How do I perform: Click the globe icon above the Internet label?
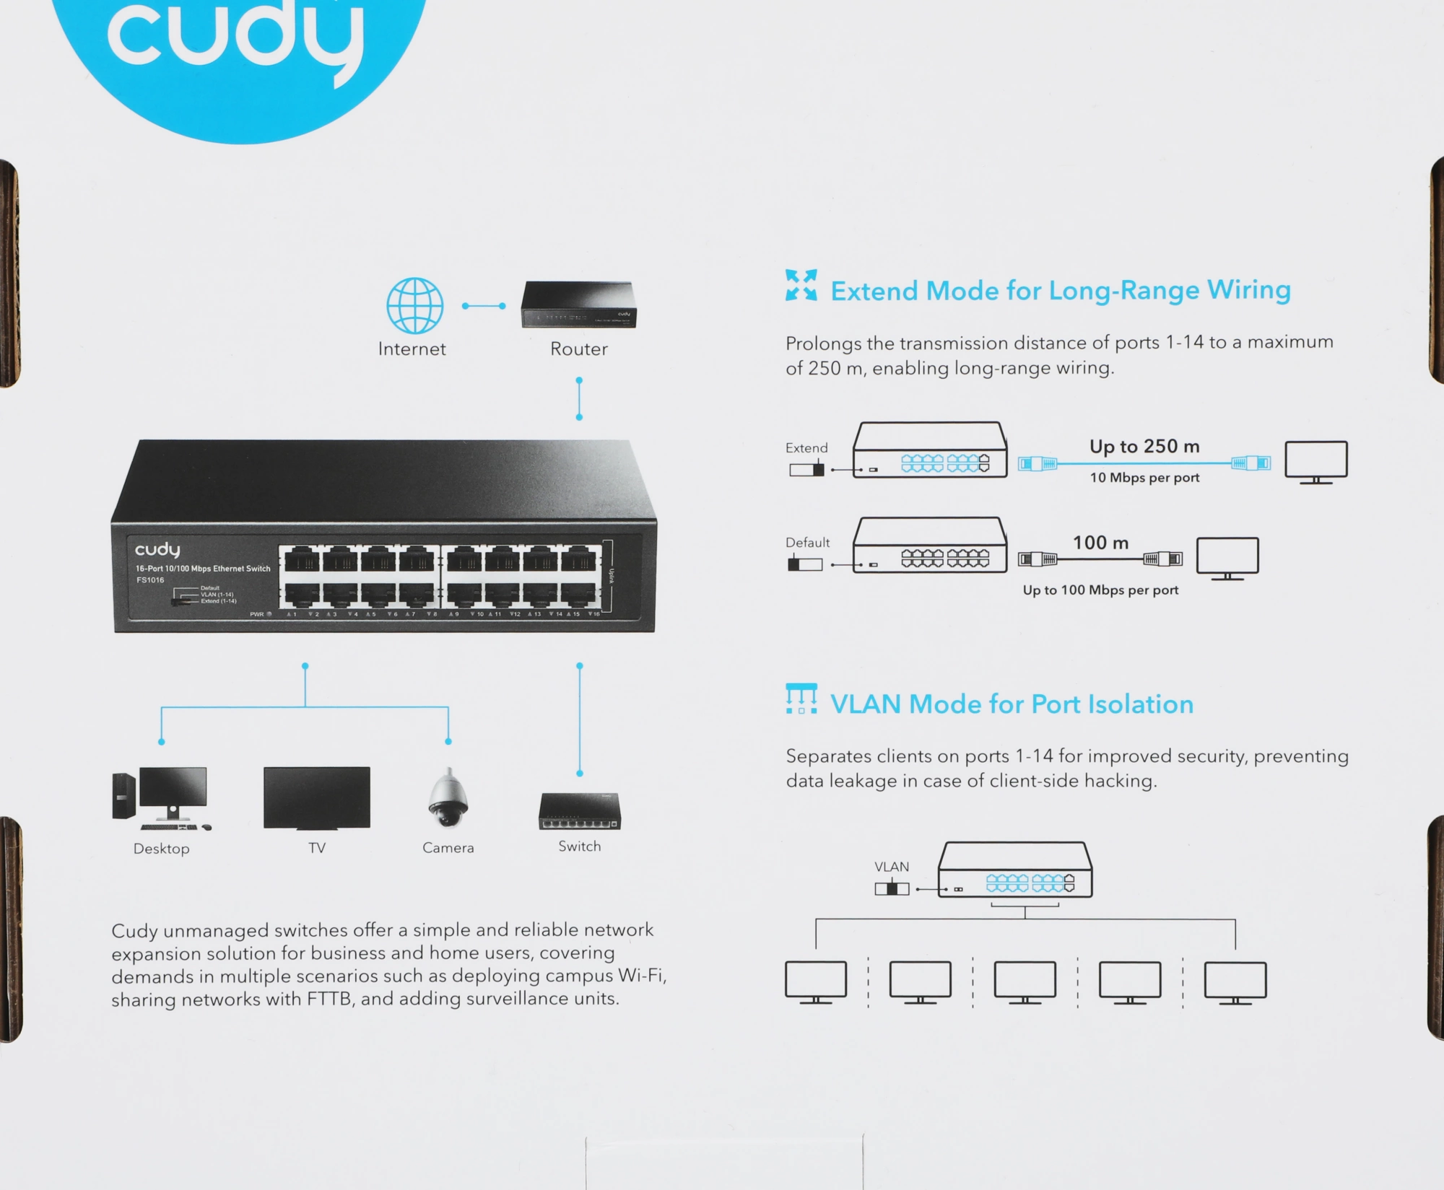(x=414, y=305)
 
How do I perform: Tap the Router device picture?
(x=578, y=305)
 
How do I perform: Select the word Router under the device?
(x=578, y=349)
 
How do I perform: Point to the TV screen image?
(x=317, y=797)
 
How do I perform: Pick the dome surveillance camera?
(x=448, y=799)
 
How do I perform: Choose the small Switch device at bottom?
(x=579, y=812)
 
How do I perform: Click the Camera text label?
(x=448, y=848)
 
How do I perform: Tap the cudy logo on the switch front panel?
(x=157, y=550)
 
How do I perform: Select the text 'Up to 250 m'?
(x=1144, y=447)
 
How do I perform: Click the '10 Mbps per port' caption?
(x=1144, y=478)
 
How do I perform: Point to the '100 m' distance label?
(x=1100, y=543)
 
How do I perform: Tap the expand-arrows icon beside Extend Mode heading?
(x=801, y=285)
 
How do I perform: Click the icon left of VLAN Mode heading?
(x=801, y=699)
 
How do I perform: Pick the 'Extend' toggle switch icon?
(x=806, y=470)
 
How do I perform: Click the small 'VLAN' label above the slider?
(x=892, y=867)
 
